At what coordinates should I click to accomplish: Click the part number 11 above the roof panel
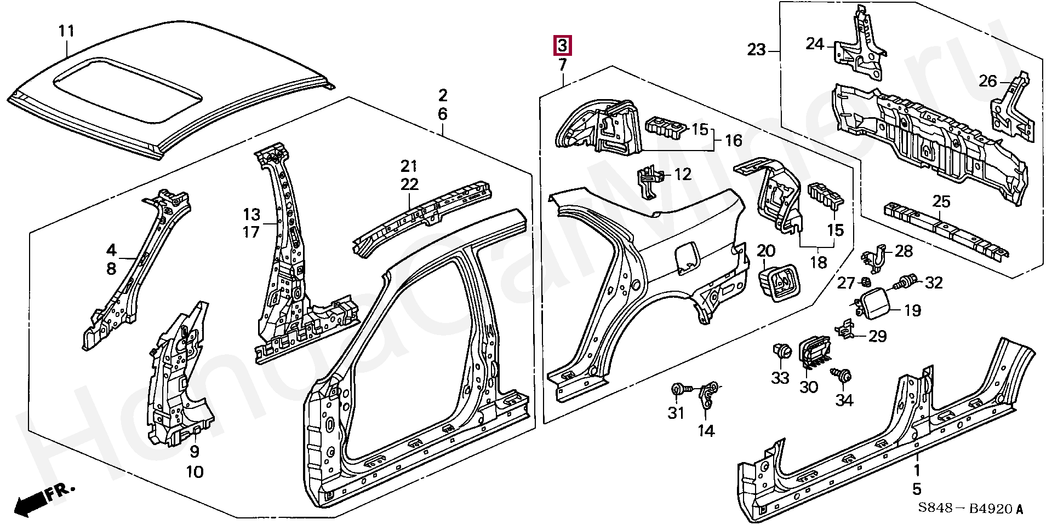pyautogui.click(x=66, y=31)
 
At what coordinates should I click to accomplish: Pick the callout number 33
pyautogui.click(x=780, y=377)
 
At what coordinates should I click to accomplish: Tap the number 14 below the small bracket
pyautogui.click(x=706, y=431)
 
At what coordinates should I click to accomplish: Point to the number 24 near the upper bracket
pyautogui.click(x=815, y=43)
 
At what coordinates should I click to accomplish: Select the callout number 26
pyautogui.click(x=988, y=82)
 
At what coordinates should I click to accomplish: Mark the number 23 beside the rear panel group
pyautogui.click(x=756, y=50)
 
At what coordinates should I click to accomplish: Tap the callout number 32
pyautogui.click(x=934, y=283)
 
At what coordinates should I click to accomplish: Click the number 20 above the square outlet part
pyautogui.click(x=766, y=251)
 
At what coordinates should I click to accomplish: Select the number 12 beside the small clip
pyautogui.click(x=683, y=175)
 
